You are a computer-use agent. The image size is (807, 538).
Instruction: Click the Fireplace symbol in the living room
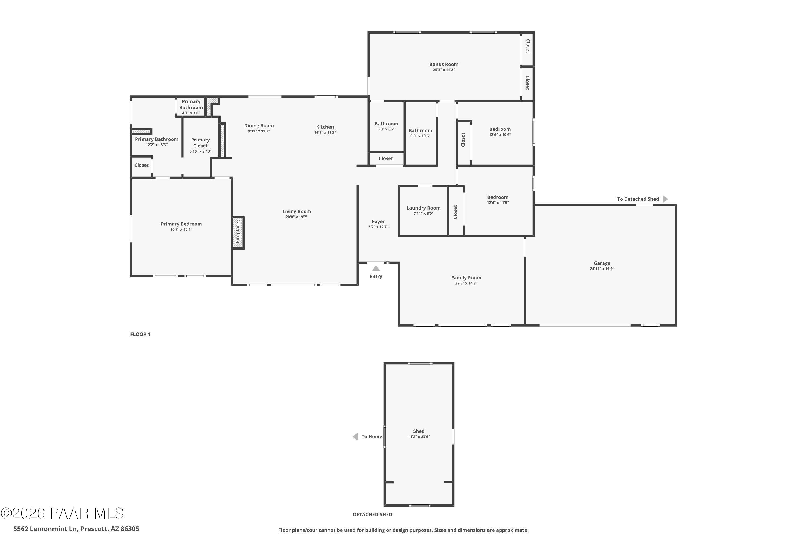pyautogui.click(x=238, y=233)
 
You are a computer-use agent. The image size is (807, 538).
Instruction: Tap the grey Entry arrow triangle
pyautogui.click(x=376, y=268)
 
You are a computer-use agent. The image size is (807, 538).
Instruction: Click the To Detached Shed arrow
pyautogui.click(x=665, y=199)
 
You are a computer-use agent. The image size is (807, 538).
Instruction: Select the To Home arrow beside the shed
pyautogui.click(x=355, y=436)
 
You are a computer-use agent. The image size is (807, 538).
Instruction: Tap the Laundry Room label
pyautogui.click(x=423, y=208)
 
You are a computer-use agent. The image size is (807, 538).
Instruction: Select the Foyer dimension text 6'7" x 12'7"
pyautogui.click(x=378, y=227)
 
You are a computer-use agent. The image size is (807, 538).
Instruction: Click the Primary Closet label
pyautogui.click(x=200, y=143)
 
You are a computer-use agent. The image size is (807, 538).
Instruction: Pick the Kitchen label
pyautogui.click(x=325, y=127)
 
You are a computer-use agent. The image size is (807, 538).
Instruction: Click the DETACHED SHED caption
pyautogui.click(x=372, y=514)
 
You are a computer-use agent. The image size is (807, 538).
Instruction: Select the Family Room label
pyautogui.click(x=466, y=278)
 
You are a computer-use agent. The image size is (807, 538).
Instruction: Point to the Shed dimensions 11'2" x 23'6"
pyautogui.click(x=419, y=437)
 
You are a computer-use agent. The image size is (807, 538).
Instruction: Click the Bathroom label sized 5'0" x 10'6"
pyautogui.click(x=420, y=130)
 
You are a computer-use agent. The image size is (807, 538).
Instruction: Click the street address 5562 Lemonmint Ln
pyautogui.click(x=76, y=529)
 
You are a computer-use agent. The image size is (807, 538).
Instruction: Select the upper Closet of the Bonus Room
pyautogui.click(x=528, y=46)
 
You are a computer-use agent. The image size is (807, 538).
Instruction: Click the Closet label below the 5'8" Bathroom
pyautogui.click(x=386, y=158)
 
